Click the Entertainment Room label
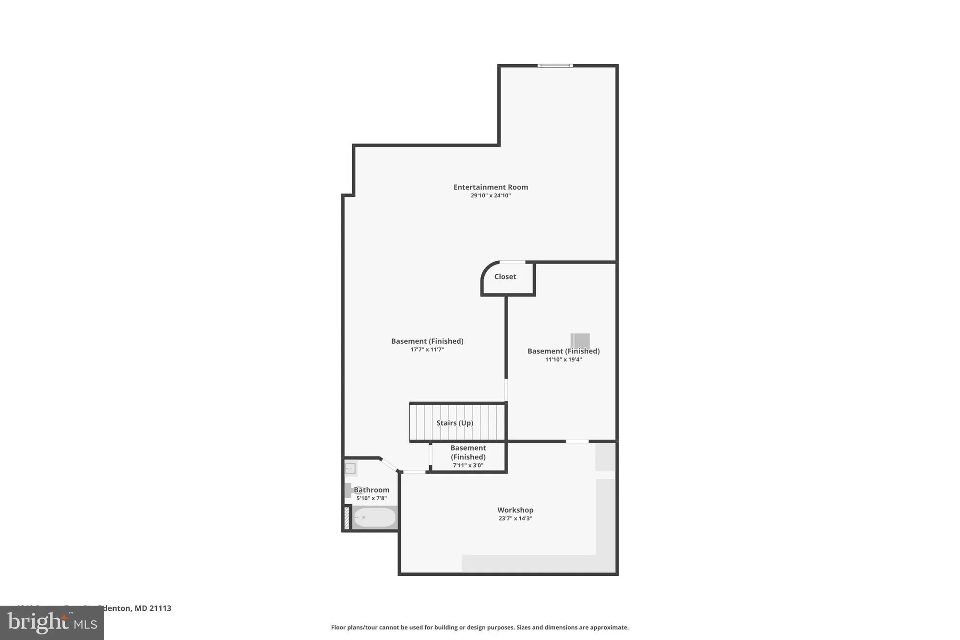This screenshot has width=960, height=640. point(491,187)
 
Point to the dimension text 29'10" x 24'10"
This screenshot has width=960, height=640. point(491,196)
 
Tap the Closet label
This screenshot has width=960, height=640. point(505,277)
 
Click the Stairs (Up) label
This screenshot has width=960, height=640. point(455,423)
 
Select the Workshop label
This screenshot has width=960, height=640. point(515,510)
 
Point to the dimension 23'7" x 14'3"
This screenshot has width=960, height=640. point(515,519)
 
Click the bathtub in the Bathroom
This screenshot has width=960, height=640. point(374,518)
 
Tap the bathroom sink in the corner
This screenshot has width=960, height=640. point(350,468)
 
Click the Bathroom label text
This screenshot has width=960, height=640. point(372,490)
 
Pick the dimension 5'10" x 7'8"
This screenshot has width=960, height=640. point(372,498)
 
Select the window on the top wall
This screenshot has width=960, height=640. point(555,66)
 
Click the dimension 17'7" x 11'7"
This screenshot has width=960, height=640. point(427,350)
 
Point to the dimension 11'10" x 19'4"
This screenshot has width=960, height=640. point(564,360)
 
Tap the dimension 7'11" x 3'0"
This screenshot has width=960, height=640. point(468,465)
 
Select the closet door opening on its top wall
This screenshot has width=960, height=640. point(512,262)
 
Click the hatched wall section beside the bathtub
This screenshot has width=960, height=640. point(347,518)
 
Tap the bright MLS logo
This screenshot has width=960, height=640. point(52,623)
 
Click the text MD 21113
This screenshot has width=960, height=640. point(153,608)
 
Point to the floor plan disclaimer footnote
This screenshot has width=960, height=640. point(480,628)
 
